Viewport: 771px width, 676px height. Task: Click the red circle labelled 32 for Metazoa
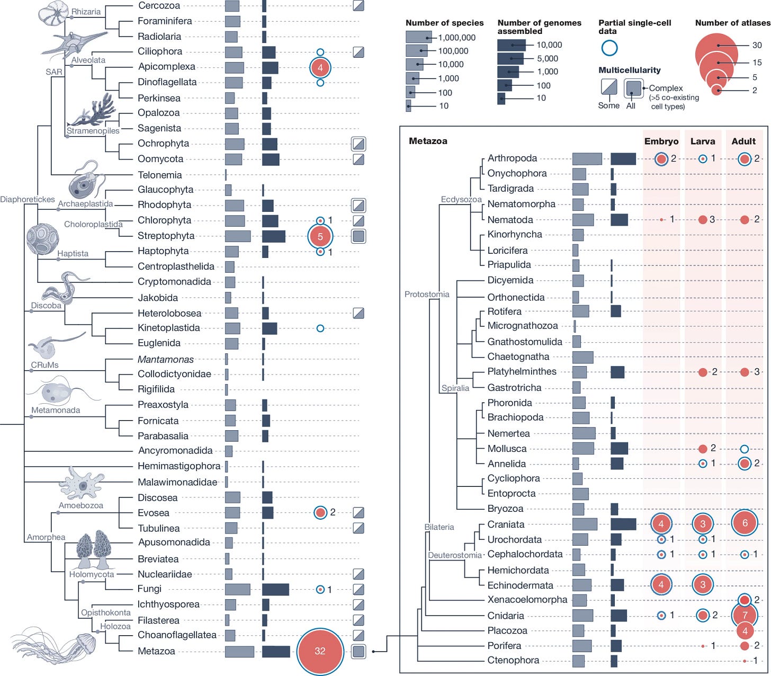(320, 651)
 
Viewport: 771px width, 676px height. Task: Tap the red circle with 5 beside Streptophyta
(320, 236)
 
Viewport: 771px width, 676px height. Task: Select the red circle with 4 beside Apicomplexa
(320, 67)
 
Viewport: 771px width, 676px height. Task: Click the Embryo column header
(661, 141)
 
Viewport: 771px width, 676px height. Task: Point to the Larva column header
(703, 141)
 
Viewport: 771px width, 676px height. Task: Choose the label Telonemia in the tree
(159, 175)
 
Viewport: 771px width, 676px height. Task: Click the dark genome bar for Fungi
(275, 589)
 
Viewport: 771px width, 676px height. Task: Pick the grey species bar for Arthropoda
(587, 158)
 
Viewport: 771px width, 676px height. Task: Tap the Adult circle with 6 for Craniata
(745, 523)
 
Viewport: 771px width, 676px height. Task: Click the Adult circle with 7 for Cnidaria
(745, 615)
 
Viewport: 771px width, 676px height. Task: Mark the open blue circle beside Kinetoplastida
(320, 328)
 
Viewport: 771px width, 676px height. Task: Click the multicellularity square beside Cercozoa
(358, 6)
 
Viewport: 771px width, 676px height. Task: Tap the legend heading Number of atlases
(732, 23)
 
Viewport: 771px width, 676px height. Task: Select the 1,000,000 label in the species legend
(457, 38)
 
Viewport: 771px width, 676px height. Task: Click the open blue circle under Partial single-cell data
(609, 48)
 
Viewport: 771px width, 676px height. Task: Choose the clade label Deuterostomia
(455, 555)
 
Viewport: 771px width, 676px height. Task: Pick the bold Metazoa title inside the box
(428, 141)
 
